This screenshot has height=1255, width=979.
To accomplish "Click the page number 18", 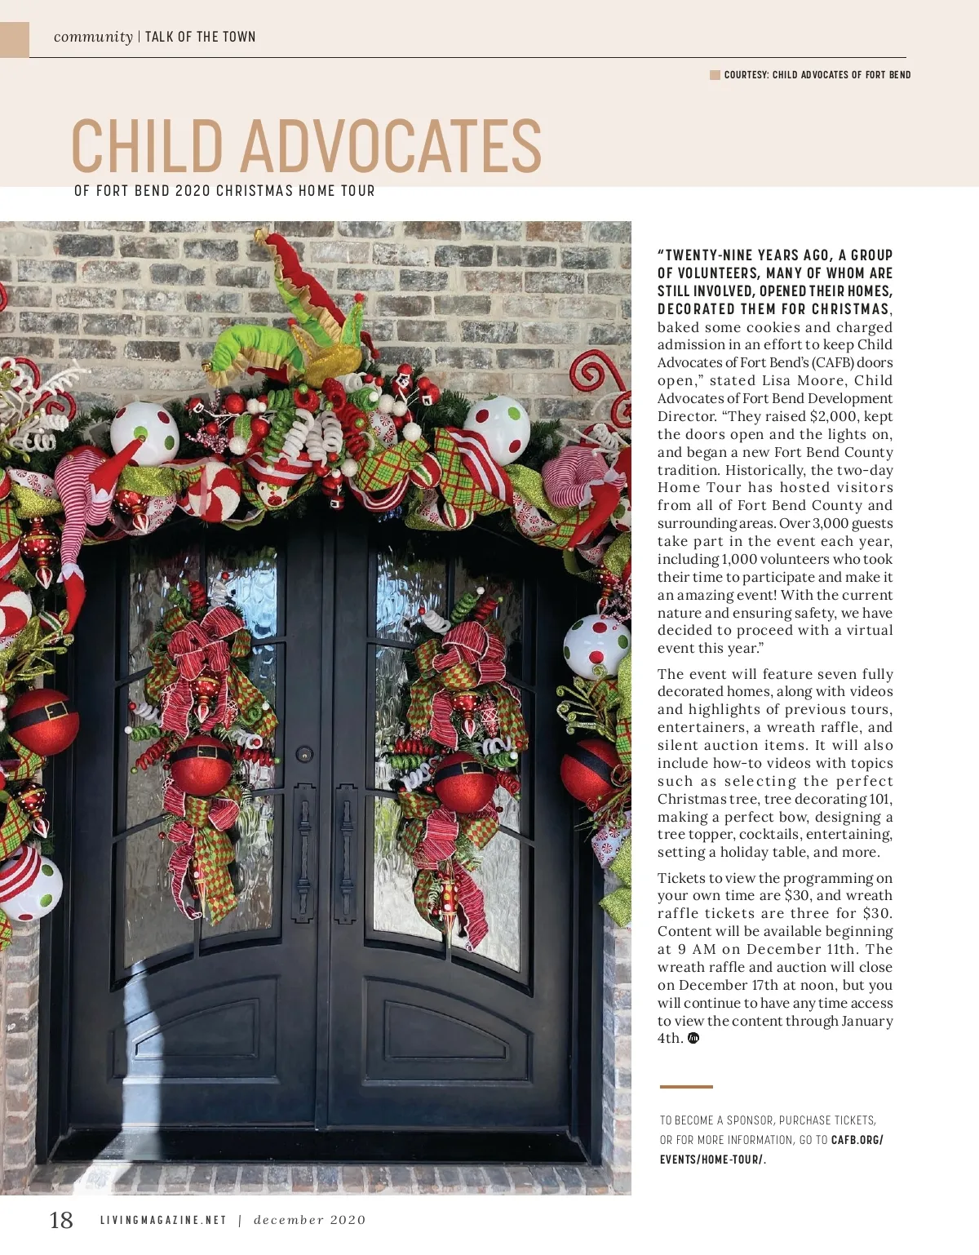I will [x=61, y=1220].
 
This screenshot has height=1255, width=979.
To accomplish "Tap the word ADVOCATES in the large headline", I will [x=390, y=146].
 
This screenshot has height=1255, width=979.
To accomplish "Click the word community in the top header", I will [x=93, y=37].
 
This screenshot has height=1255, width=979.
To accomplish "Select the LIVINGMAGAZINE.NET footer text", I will [x=163, y=1221].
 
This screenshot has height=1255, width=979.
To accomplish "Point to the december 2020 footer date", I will [x=310, y=1221].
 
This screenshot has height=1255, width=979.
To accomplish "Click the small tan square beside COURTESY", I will [x=715, y=75].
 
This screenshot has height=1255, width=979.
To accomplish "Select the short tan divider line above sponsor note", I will [x=686, y=1087].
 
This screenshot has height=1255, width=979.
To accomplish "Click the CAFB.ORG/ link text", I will [x=857, y=1140].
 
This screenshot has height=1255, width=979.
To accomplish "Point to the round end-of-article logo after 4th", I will [x=693, y=1039].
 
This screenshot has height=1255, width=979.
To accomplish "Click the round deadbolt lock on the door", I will [x=304, y=753].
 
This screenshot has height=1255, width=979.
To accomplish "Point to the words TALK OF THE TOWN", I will [x=201, y=37].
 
